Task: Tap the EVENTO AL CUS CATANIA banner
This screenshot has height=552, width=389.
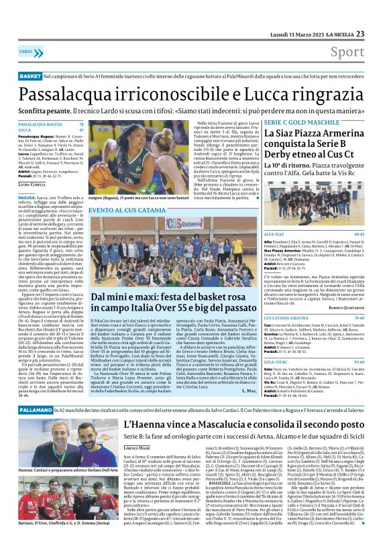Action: pos(126,209)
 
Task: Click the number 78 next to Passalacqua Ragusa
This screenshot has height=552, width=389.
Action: pos(81,125)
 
